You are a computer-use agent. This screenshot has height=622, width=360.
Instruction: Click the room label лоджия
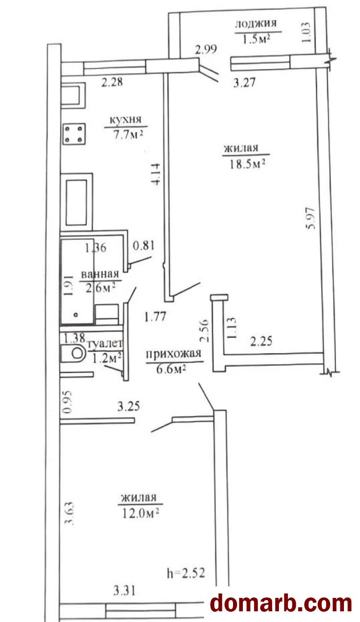(256, 24)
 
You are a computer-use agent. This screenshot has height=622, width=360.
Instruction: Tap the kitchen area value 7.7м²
(128, 135)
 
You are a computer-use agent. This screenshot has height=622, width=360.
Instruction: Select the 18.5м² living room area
(247, 164)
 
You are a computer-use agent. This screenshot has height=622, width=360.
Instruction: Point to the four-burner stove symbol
(74, 134)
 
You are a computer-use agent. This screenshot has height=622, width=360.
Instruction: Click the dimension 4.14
(155, 174)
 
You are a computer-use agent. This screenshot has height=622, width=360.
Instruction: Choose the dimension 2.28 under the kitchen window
(112, 82)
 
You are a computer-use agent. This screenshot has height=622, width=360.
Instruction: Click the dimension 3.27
(244, 83)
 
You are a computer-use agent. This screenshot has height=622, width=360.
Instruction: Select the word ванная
(100, 275)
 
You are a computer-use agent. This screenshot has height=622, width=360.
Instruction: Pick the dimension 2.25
(261, 341)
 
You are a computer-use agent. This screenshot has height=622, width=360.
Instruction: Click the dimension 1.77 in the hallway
(155, 317)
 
